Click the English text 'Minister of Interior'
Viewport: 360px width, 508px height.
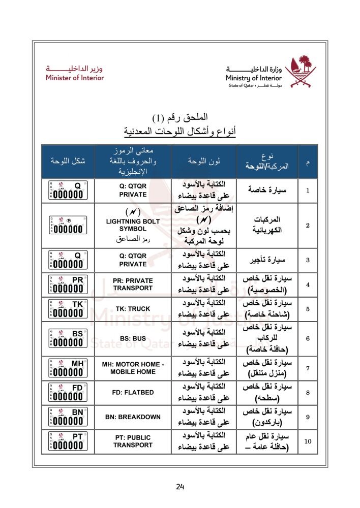point(74,78)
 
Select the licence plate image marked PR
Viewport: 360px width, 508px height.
point(67,284)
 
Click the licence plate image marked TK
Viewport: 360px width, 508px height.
point(67,308)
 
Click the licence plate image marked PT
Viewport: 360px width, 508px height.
point(67,441)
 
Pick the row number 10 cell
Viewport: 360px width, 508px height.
point(308,441)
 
